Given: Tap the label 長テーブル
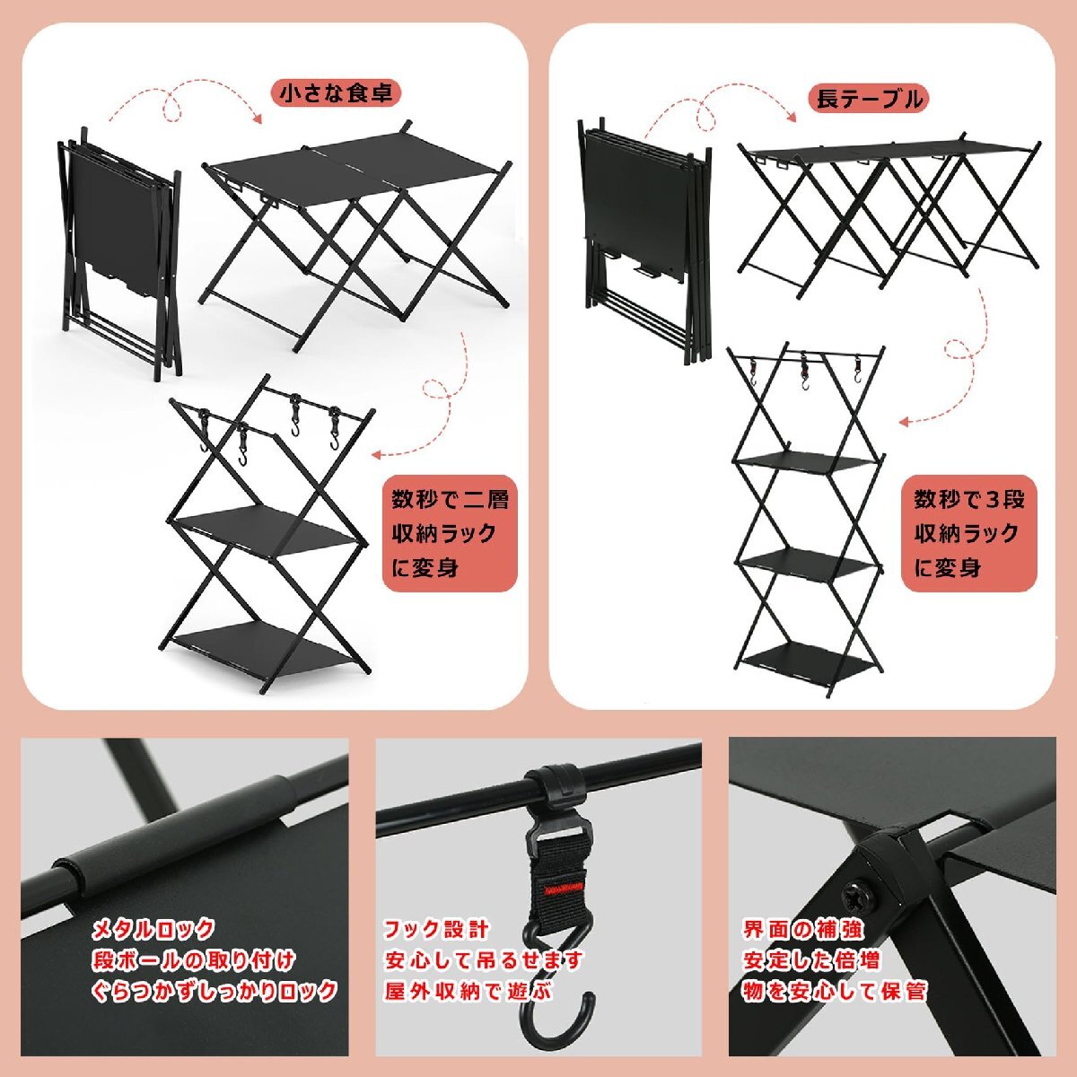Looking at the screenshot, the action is [x=869, y=100].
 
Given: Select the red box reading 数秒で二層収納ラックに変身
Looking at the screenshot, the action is [x=450, y=533].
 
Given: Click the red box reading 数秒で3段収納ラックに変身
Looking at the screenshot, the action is [x=969, y=533].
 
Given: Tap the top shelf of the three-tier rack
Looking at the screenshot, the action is [x=805, y=465].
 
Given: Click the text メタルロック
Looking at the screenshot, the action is [x=153, y=930].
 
